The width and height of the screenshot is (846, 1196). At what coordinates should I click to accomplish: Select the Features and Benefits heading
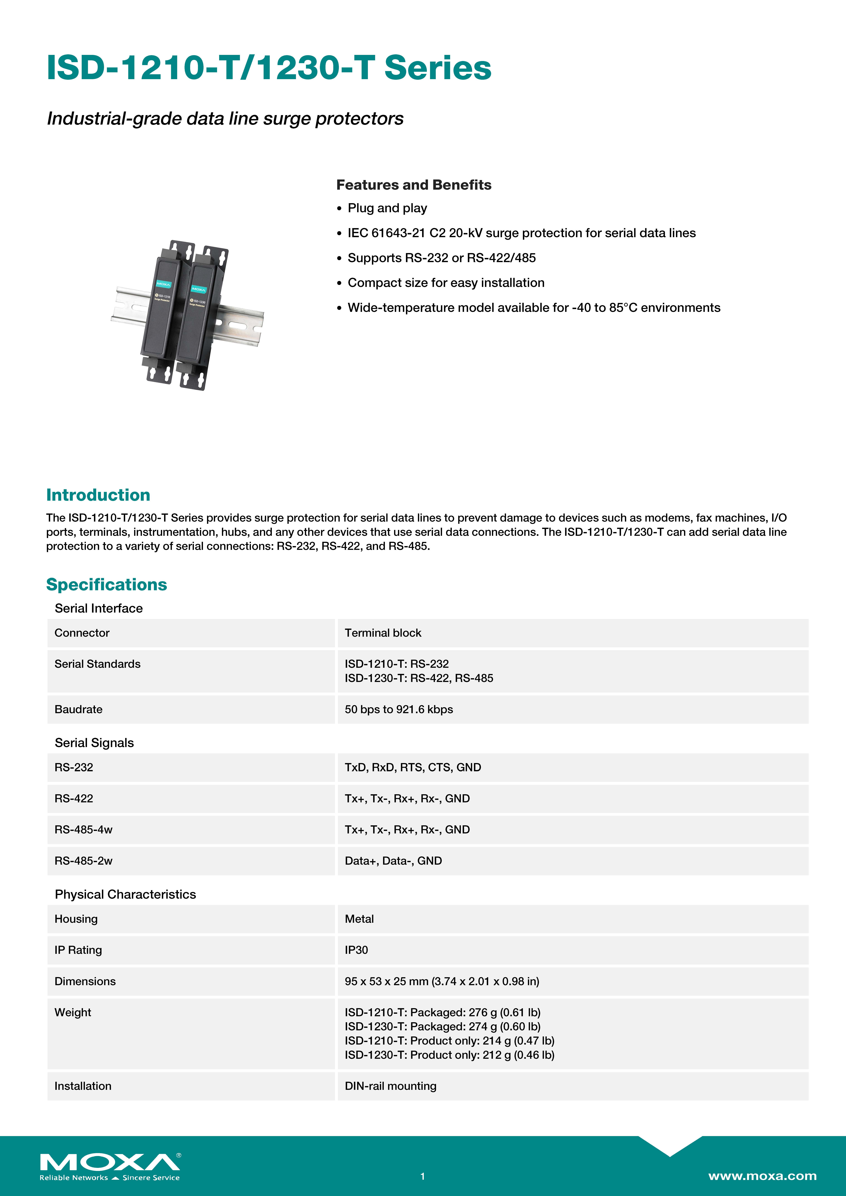point(413,185)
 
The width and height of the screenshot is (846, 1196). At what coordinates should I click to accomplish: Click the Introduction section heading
point(98,495)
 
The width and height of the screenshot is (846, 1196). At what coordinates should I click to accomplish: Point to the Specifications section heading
point(106,584)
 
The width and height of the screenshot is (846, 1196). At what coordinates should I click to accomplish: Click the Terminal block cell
point(383,633)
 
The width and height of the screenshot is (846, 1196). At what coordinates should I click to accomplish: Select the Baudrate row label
point(78,709)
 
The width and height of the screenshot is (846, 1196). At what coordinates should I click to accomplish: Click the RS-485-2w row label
point(83,861)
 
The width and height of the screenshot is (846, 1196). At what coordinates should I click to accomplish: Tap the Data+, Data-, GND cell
point(393,861)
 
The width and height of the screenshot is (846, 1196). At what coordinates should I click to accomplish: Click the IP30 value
point(356,950)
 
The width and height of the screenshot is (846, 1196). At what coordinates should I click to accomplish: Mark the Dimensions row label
point(85,981)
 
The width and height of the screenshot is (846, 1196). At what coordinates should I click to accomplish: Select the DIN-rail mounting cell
point(390,1086)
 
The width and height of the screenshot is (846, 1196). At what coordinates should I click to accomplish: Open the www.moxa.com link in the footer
point(762,1176)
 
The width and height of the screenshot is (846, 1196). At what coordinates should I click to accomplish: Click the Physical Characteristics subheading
point(125,894)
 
